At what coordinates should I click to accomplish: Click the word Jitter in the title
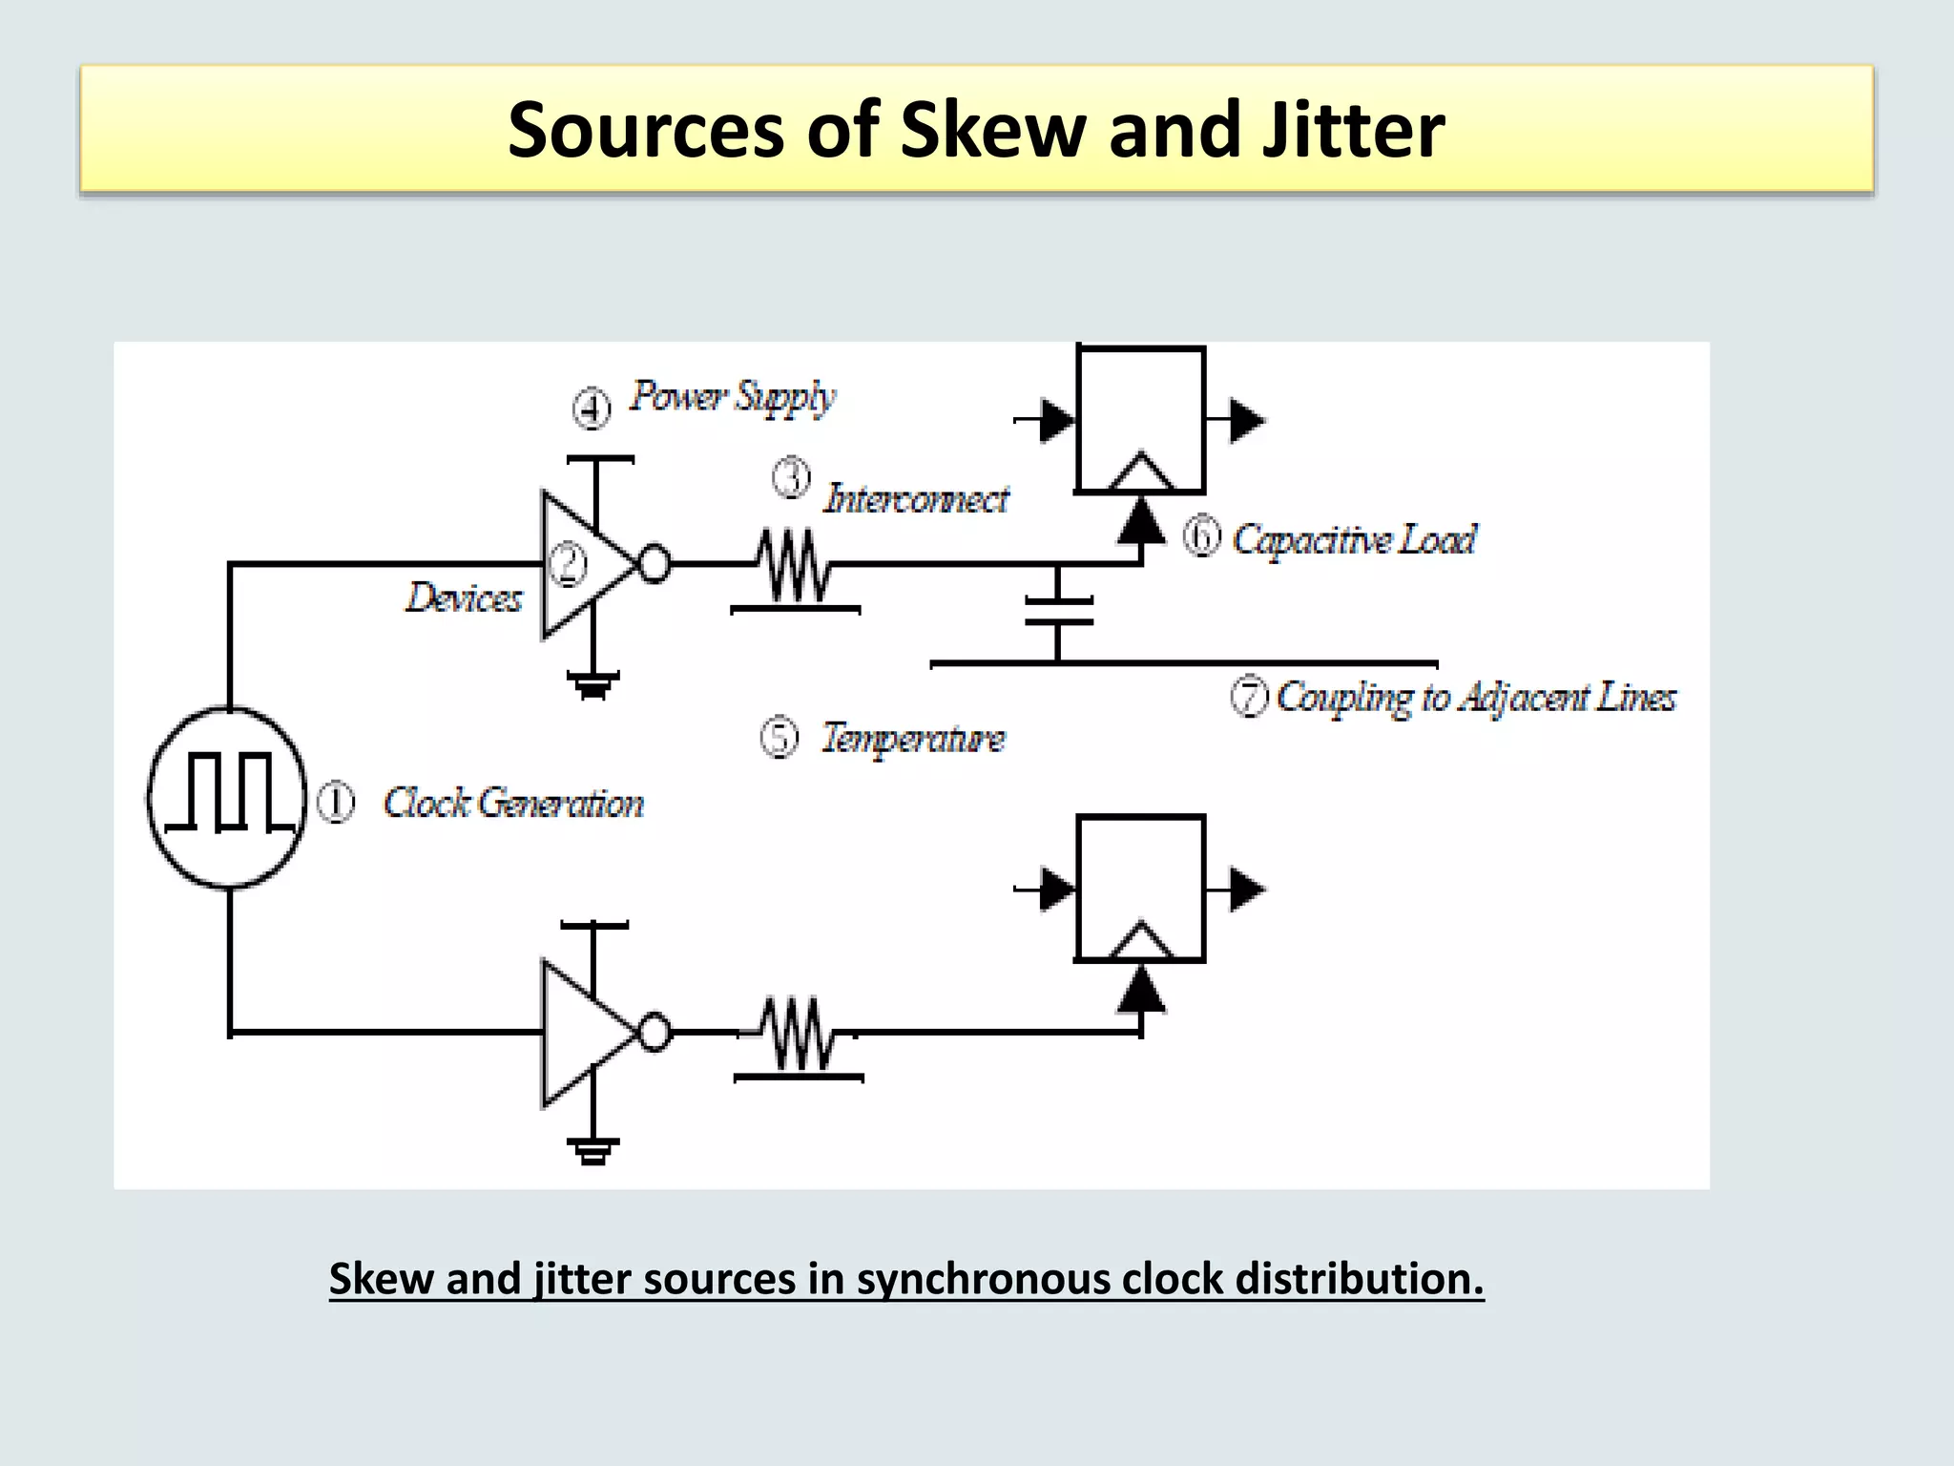click(1352, 131)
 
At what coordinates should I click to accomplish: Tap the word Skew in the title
click(992, 131)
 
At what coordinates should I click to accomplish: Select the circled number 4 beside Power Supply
click(592, 408)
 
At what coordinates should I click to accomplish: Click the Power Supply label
click(733, 396)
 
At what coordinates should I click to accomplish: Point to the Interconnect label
click(915, 499)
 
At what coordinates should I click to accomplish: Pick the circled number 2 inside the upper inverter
click(570, 563)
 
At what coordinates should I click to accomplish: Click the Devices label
click(465, 598)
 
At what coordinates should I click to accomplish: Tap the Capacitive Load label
click(1354, 539)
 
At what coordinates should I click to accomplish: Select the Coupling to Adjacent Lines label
click(1475, 697)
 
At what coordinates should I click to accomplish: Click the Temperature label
click(913, 738)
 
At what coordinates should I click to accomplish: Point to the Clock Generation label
click(513, 804)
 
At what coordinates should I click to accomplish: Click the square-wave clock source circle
click(227, 797)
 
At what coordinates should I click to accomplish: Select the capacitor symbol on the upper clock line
click(1058, 611)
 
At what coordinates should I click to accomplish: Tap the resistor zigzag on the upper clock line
click(794, 565)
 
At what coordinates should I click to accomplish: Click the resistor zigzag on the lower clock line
click(797, 1034)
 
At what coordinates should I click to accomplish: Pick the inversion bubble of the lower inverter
click(655, 1033)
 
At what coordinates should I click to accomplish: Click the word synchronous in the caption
click(983, 1279)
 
